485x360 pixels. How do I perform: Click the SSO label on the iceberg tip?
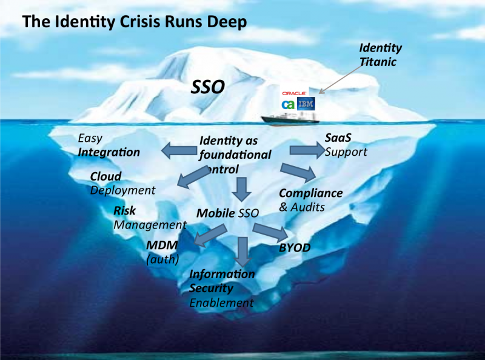coord(208,87)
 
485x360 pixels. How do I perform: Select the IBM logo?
coord(307,104)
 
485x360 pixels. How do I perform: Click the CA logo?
coord(288,104)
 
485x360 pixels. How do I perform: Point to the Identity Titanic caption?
coord(380,54)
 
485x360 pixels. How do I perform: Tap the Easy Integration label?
coord(109,145)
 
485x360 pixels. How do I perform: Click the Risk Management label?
coord(149,218)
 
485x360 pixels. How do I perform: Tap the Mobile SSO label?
coord(227,213)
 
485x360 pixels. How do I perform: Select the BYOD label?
coord(294,248)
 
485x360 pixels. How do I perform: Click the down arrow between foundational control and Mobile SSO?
coord(242,188)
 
